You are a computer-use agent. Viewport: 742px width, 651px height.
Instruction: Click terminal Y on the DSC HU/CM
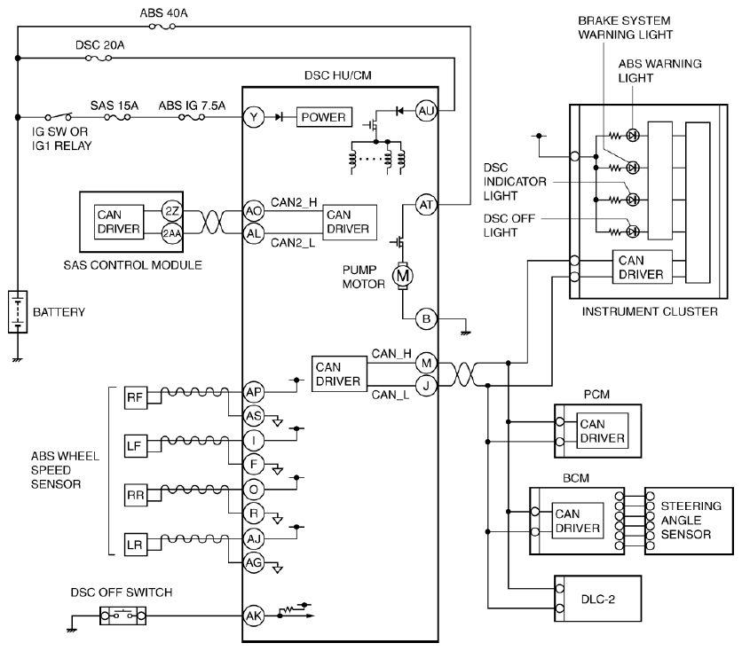click(254, 117)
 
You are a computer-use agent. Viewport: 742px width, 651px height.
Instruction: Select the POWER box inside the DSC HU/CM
click(324, 117)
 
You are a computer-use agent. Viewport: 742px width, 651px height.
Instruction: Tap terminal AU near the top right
click(426, 111)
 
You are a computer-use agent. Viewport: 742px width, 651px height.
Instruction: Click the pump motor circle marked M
click(402, 276)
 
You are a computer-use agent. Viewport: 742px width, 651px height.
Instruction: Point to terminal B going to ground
click(426, 318)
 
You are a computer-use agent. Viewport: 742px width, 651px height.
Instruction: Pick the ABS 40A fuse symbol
click(162, 27)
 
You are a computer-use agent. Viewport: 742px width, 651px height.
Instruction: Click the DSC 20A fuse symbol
click(99, 59)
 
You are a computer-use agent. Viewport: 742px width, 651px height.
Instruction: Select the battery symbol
click(18, 312)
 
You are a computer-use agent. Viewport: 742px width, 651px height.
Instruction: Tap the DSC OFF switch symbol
click(122, 616)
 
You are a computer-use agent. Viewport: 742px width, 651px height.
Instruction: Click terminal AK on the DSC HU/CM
click(254, 616)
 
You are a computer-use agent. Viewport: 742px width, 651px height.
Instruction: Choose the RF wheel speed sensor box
click(135, 397)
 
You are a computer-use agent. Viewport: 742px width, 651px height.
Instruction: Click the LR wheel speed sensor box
click(135, 545)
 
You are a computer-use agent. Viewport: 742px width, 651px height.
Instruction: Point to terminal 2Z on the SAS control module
click(171, 211)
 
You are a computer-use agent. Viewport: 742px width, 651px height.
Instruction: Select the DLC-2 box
click(597, 599)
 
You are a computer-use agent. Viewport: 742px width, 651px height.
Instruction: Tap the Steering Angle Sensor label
click(691, 520)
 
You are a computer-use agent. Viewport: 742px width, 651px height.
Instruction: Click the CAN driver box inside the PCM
click(602, 431)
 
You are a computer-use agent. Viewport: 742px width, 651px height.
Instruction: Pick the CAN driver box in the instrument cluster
click(643, 267)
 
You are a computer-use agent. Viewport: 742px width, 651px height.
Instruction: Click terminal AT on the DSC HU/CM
click(426, 205)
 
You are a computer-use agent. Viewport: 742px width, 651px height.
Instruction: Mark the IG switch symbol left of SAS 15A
click(59, 116)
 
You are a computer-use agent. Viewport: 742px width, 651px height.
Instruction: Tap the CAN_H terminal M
click(426, 363)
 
